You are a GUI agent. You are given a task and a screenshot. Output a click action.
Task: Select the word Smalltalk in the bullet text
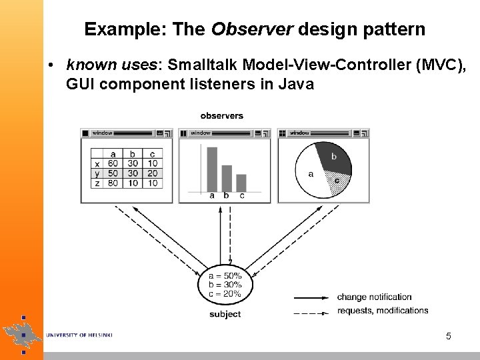[203, 65]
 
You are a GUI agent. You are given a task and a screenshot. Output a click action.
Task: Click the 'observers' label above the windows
[222, 116]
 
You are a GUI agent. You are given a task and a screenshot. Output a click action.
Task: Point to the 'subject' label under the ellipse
[225, 314]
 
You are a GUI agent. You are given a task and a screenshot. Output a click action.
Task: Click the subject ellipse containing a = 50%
[225, 285]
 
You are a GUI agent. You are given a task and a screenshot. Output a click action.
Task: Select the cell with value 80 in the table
[113, 183]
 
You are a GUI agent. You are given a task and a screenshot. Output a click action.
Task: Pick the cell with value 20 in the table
[153, 173]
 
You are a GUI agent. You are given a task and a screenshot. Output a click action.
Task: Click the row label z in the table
[97, 183]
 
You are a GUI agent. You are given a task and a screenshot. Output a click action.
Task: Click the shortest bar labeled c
[241, 182]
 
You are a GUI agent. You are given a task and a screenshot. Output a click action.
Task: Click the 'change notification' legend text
[374, 297]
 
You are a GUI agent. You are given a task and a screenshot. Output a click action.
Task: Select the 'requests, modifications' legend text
[383, 311]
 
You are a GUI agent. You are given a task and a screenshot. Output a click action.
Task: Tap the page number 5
[449, 337]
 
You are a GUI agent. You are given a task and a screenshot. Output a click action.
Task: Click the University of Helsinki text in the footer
[79, 335]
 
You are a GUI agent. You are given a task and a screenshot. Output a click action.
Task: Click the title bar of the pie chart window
[323, 133]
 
